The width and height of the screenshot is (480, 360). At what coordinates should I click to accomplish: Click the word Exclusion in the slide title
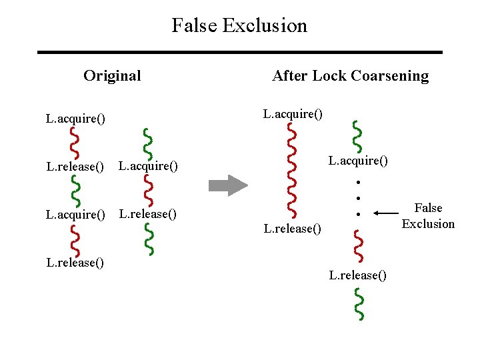[x=265, y=25]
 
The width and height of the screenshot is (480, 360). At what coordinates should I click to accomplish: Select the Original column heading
[x=112, y=75]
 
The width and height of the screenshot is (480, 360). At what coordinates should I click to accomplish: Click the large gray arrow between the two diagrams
[x=229, y=185]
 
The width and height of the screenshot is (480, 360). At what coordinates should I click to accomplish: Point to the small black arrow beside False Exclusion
[x=385, y=213]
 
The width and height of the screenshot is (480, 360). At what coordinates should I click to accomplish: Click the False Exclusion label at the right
[x=428, y=216]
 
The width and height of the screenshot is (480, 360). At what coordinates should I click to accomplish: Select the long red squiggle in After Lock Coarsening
[x=291, y=171]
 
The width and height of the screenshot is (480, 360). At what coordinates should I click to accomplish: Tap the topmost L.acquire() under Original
[x=75, y=119]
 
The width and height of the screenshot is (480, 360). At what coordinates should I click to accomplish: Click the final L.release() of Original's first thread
[x=75, y=262]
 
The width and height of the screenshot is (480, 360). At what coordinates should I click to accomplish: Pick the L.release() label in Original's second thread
[x=147, y=214]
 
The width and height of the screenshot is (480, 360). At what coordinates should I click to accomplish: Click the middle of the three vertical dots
[x=358, y=198]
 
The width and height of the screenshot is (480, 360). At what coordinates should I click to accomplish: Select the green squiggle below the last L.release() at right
[x=359, y=303]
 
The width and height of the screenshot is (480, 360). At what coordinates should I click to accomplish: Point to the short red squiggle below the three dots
[x=359, y=245]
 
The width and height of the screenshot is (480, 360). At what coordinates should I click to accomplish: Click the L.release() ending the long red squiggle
[x=293, y=229]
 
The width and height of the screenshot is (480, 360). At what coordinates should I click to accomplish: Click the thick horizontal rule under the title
[x=239, y=52]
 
